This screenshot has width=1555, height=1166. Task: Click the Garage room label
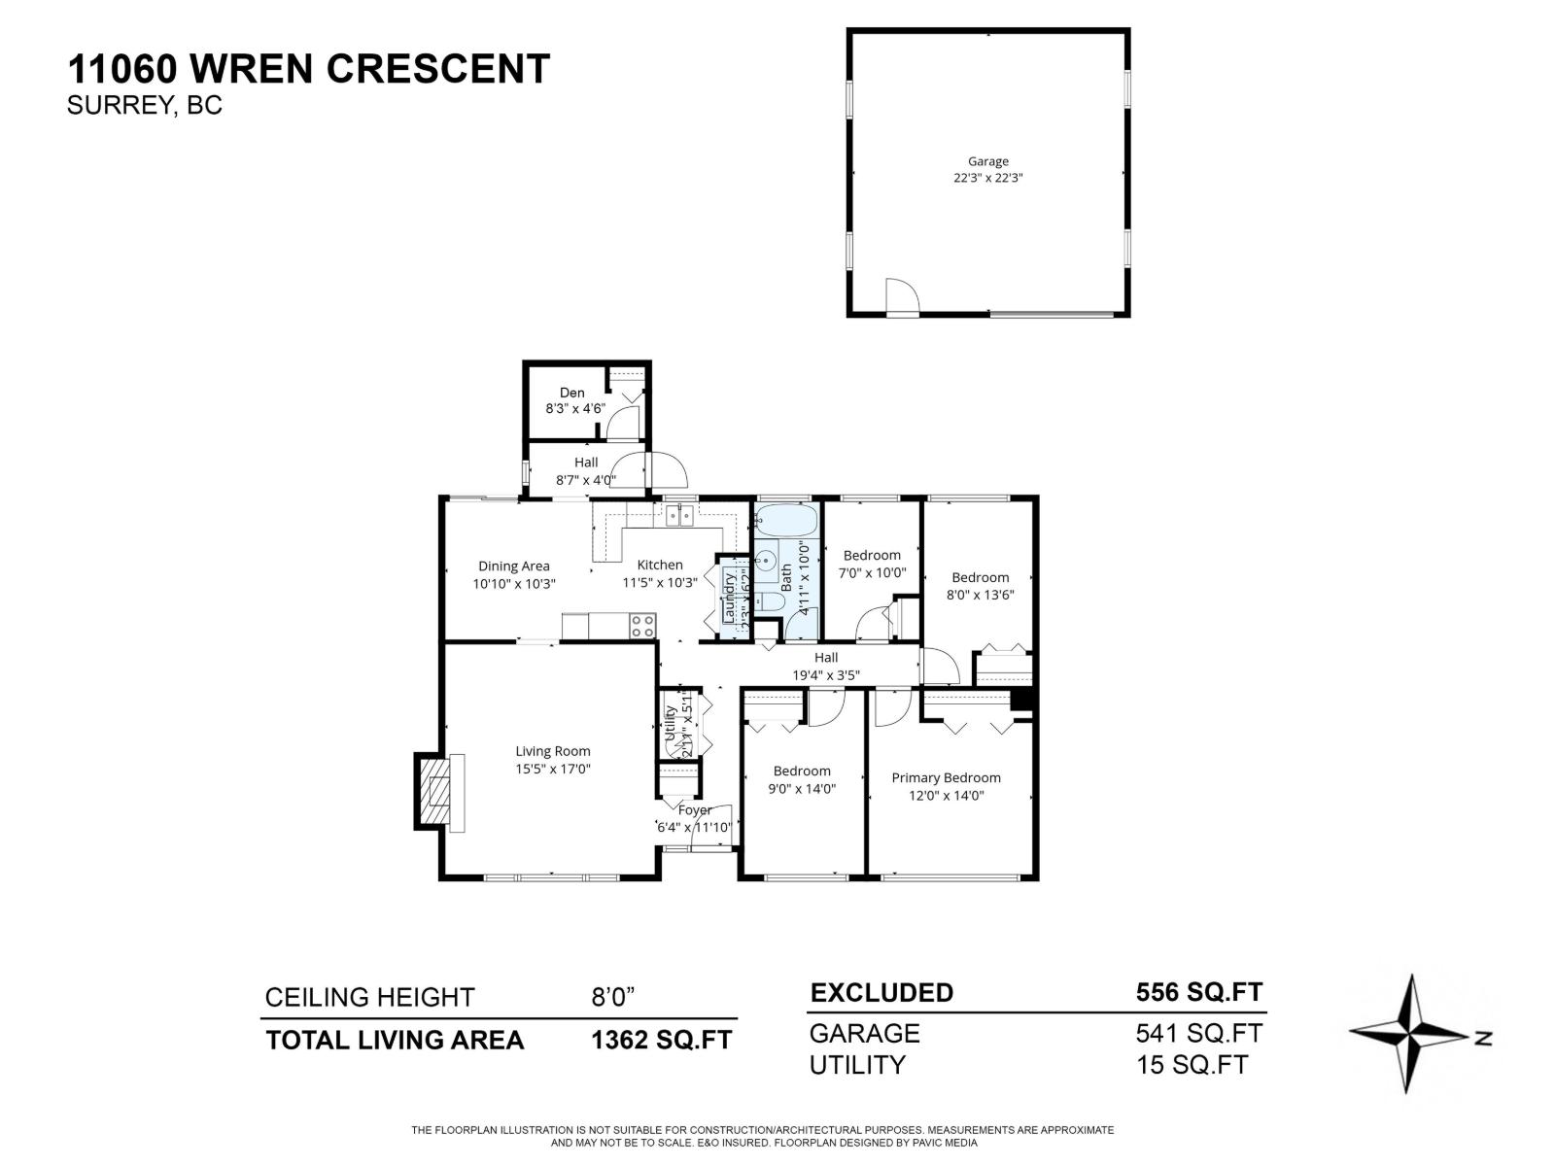987,161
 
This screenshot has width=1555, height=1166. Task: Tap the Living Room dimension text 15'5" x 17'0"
553,769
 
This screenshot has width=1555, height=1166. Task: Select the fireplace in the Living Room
440,791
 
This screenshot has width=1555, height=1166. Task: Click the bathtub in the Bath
786,522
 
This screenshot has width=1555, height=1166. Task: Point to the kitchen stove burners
641,626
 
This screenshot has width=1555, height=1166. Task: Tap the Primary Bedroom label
946,777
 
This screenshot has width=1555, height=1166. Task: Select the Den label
572,393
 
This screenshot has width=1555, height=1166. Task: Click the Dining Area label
513,566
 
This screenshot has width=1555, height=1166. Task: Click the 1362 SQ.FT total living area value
661,1040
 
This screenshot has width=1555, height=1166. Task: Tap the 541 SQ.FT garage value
1198,1032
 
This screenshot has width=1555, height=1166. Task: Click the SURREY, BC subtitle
144,105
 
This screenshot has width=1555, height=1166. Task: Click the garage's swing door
901,295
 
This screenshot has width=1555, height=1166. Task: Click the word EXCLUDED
881,992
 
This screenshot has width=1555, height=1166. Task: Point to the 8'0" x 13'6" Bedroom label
980,577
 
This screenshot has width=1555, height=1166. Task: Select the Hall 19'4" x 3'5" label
826,666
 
